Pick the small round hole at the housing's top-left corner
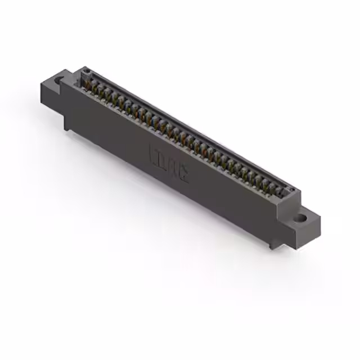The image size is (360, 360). click(x=86, y=71)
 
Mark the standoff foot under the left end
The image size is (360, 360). click(x=68, y=125)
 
